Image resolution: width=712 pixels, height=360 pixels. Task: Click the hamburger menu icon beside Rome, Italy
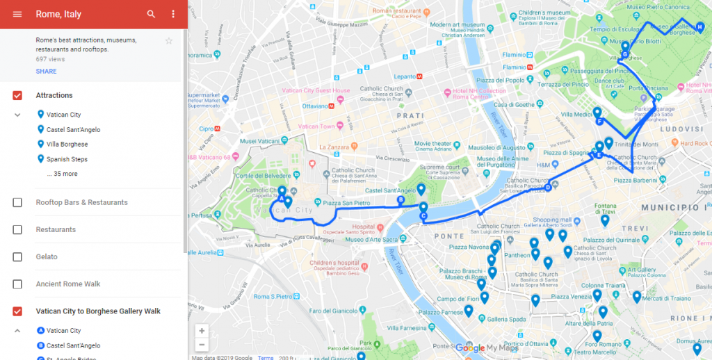click(x=17, y=14)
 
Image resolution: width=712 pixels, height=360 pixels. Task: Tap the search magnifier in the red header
click(x=151, y=14)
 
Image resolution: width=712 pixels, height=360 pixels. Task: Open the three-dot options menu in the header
click(x=172, y=14)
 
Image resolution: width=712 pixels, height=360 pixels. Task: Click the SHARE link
click(x=46, y=71)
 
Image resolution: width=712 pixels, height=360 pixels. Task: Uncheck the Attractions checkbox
click(x=17, y=95)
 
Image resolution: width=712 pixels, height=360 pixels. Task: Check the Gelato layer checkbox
click(x=17, y=257)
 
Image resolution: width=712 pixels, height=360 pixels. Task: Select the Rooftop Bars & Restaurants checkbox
click(x=17, y=202)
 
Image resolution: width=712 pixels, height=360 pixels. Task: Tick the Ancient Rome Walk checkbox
click(x=17, y=284)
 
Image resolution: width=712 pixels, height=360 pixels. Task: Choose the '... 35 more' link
click(x=62, y=174)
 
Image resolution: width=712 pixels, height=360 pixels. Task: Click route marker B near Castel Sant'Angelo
click(x=400, y=200)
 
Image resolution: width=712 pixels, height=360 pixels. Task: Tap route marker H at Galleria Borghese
click(x=699, y=28)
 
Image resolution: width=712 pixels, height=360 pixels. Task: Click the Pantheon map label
click(x=517, y=256)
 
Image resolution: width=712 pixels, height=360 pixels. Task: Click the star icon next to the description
click(x=168, y=41)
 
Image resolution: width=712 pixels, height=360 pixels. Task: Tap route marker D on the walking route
click(x=548, y=186)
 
